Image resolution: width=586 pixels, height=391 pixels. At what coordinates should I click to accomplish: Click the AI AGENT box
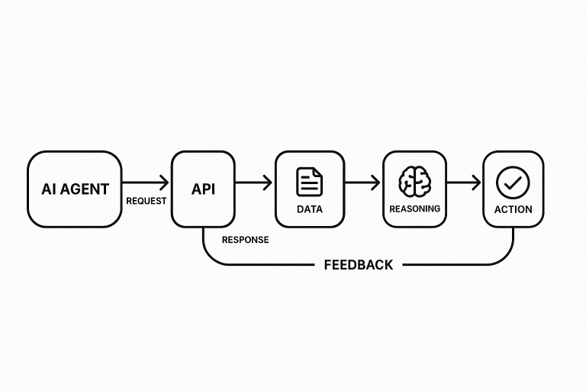[75, 189]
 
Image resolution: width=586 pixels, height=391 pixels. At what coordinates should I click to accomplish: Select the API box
[202, 189]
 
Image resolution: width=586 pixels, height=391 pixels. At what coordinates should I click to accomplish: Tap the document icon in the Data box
[309, 182]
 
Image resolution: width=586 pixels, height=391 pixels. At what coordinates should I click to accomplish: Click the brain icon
[414, 183]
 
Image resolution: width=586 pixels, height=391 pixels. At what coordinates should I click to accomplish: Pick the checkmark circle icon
[513, 182]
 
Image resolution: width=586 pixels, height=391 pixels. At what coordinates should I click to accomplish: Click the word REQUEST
[146, 201]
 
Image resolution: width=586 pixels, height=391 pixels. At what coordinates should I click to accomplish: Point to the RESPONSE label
[245, 240]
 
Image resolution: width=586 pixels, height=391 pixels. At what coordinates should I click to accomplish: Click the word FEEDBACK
[359, 265]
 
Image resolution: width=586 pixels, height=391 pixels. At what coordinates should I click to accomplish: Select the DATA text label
[310, 209]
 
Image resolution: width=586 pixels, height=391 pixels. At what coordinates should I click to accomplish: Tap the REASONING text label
[414, 208]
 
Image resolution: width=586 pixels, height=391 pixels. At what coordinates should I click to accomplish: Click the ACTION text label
[513, 209]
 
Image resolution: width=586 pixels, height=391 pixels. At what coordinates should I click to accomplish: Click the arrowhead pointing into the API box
[163, 183]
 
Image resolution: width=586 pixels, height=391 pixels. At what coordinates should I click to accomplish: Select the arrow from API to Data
[254, 183]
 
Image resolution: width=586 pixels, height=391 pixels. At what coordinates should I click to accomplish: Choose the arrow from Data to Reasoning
[362, 183]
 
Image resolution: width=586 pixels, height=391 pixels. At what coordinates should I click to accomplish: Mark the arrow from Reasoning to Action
[464, 183]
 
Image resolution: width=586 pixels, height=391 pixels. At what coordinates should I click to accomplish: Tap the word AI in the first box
[48, 189]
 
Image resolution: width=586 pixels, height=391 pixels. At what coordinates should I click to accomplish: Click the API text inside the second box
[202, 188]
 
